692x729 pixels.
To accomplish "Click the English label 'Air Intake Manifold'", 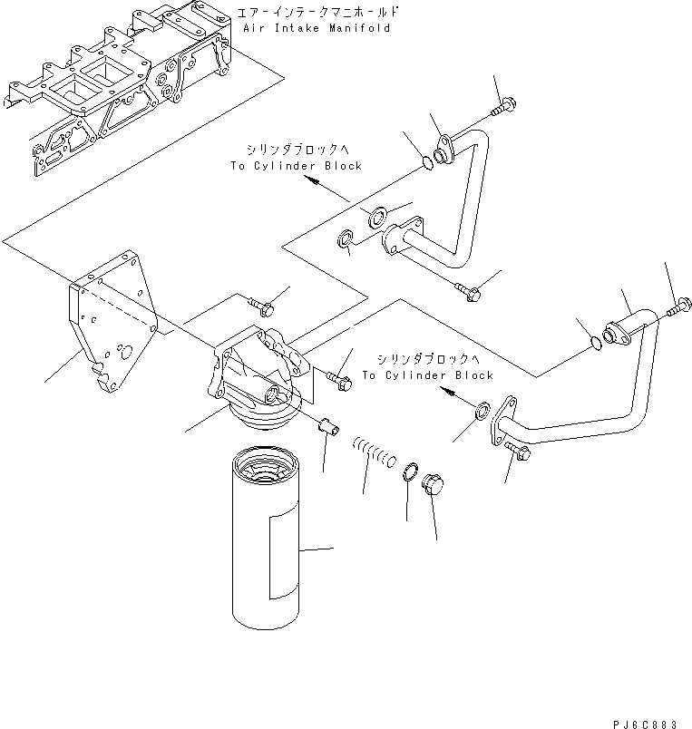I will coord(317,28).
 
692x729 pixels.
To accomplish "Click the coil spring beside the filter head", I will coord(372,451).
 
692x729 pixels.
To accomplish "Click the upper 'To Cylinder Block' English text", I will coord(295,166).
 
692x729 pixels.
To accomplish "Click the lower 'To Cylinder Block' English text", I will coord(427,374).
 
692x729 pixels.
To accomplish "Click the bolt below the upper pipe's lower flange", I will coord(469,291).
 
